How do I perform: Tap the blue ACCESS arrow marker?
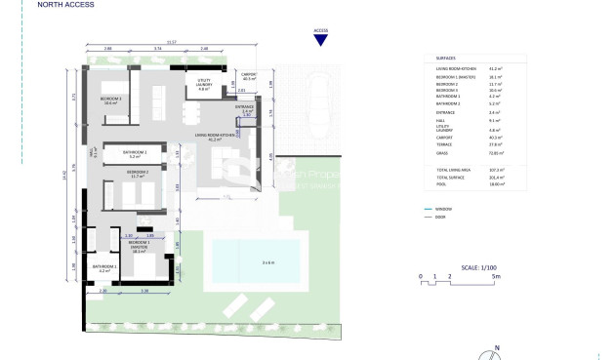(x=320, y=39)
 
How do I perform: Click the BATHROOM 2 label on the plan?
(x=135, y=154)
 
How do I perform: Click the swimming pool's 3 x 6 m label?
(x=254, y=261)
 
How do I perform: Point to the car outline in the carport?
(x=318, y=99)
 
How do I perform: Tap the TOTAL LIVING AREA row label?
(x=449, y=170)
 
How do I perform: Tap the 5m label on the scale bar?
(x=497, y=276)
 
